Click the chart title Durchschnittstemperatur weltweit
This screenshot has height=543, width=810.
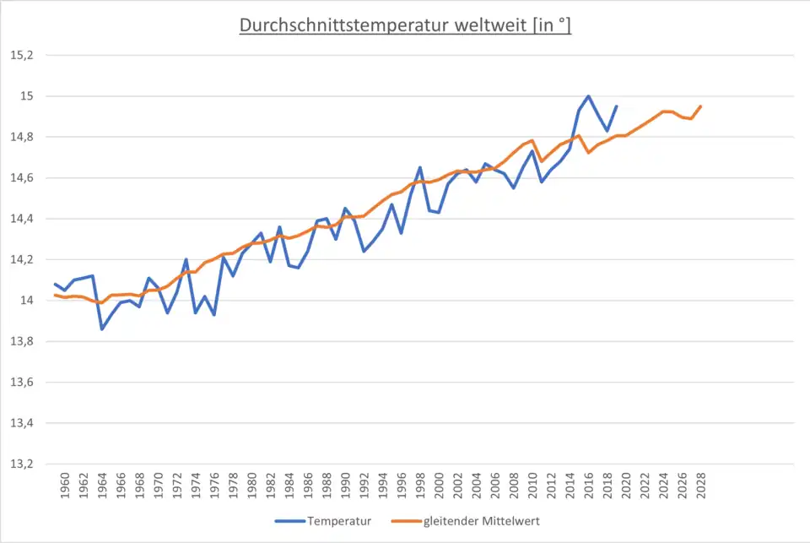click(405, 25)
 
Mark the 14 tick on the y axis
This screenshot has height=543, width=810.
click(27, 301)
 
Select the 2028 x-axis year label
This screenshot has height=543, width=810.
click(700, 486)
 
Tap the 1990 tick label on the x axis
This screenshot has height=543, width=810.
click(345, 486)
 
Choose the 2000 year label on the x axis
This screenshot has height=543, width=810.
click(439, 486)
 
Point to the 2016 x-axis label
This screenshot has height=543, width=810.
click(588, 486)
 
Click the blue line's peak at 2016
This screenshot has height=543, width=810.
click(588, 96)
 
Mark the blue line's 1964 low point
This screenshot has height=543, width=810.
click(102, 329)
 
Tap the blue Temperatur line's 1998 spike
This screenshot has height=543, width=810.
click(420, 167)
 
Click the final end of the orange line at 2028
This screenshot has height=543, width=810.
click(700, 106)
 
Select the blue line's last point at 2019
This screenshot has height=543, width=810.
click(616, 106)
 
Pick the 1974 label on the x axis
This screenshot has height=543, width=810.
click(196, 486)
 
